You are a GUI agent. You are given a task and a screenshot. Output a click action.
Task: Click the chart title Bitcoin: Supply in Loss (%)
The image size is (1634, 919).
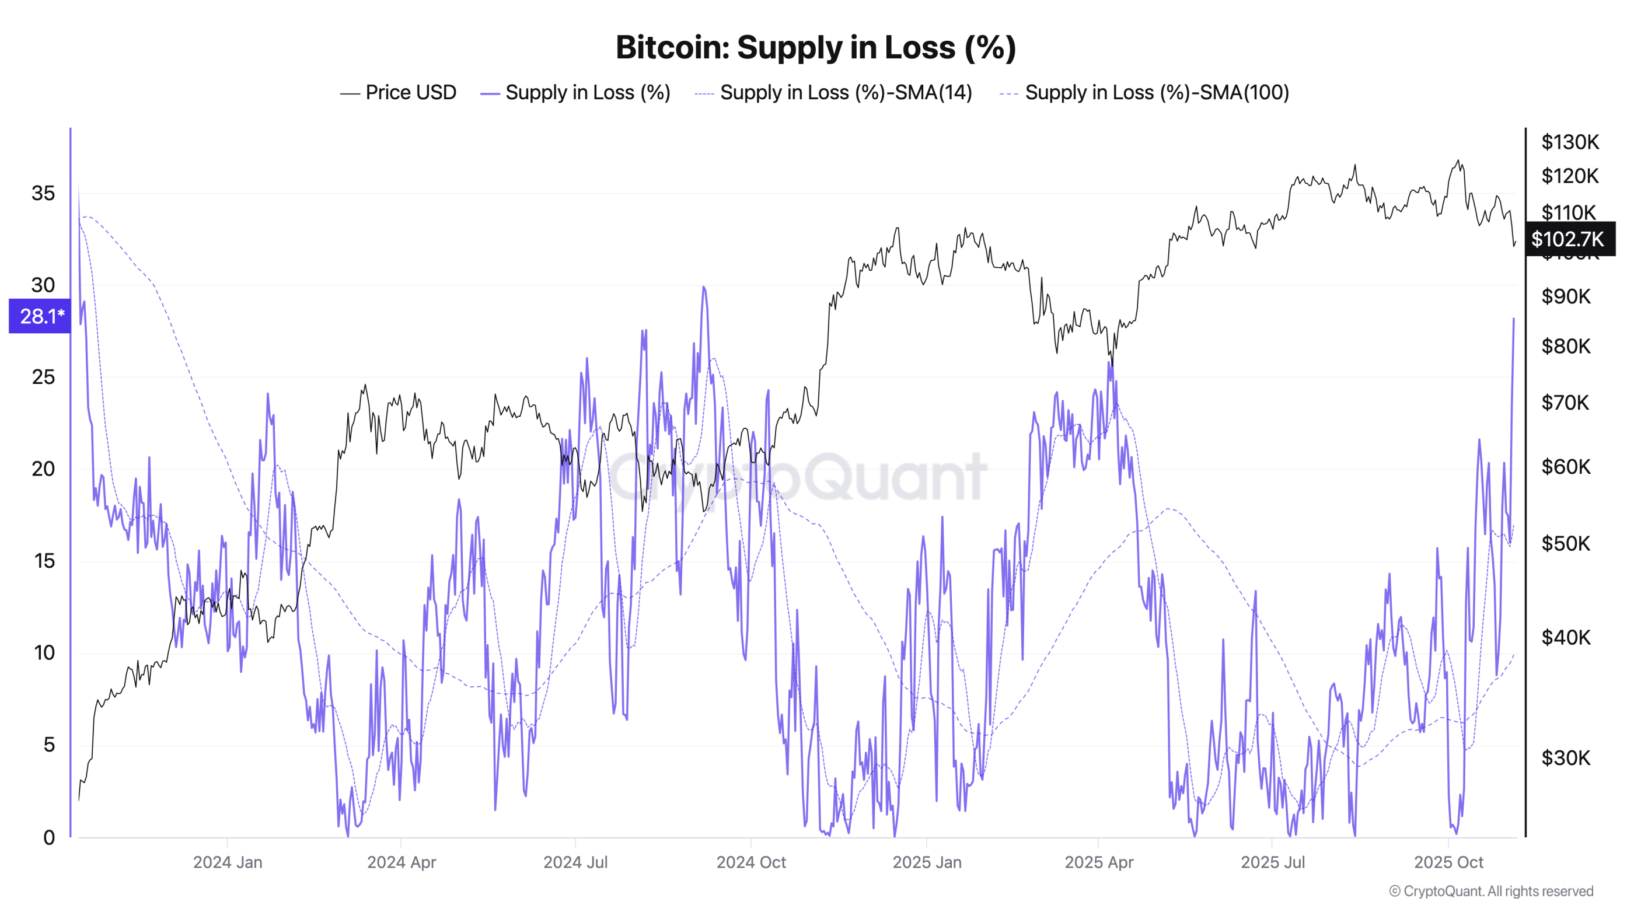click(x=816, y=48)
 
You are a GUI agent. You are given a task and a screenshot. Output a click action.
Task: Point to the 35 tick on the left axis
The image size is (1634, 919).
click(x=43, y=194)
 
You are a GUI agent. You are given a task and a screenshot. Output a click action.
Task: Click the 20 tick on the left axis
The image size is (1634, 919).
click(x=43, y=469)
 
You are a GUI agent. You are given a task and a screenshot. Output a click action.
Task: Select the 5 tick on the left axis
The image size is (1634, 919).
click(x=48, y=745)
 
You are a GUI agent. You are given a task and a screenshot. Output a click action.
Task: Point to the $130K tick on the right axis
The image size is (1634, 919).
click(x=1570, y=142)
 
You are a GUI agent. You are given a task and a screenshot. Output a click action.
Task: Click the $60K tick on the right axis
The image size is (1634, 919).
click(x=1566, y=467)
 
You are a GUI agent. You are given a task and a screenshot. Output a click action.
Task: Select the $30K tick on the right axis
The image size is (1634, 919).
click(x=1566, y=758)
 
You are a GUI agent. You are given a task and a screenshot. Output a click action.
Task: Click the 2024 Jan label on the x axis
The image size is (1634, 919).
click(x=227, y=862)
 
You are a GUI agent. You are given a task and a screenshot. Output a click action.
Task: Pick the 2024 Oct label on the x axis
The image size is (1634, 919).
click(x=750, y=862)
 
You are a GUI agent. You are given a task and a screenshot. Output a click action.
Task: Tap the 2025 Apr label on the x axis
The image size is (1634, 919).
click(x=1099, y=862)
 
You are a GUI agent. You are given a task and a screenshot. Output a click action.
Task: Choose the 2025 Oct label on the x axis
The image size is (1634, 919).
click(x=1448, y=862)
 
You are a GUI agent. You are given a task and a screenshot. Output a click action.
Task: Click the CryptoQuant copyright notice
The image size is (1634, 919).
click(x=1490, y=891)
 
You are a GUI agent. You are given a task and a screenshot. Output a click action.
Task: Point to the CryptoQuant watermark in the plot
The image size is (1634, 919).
click(x=797, y=477)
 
